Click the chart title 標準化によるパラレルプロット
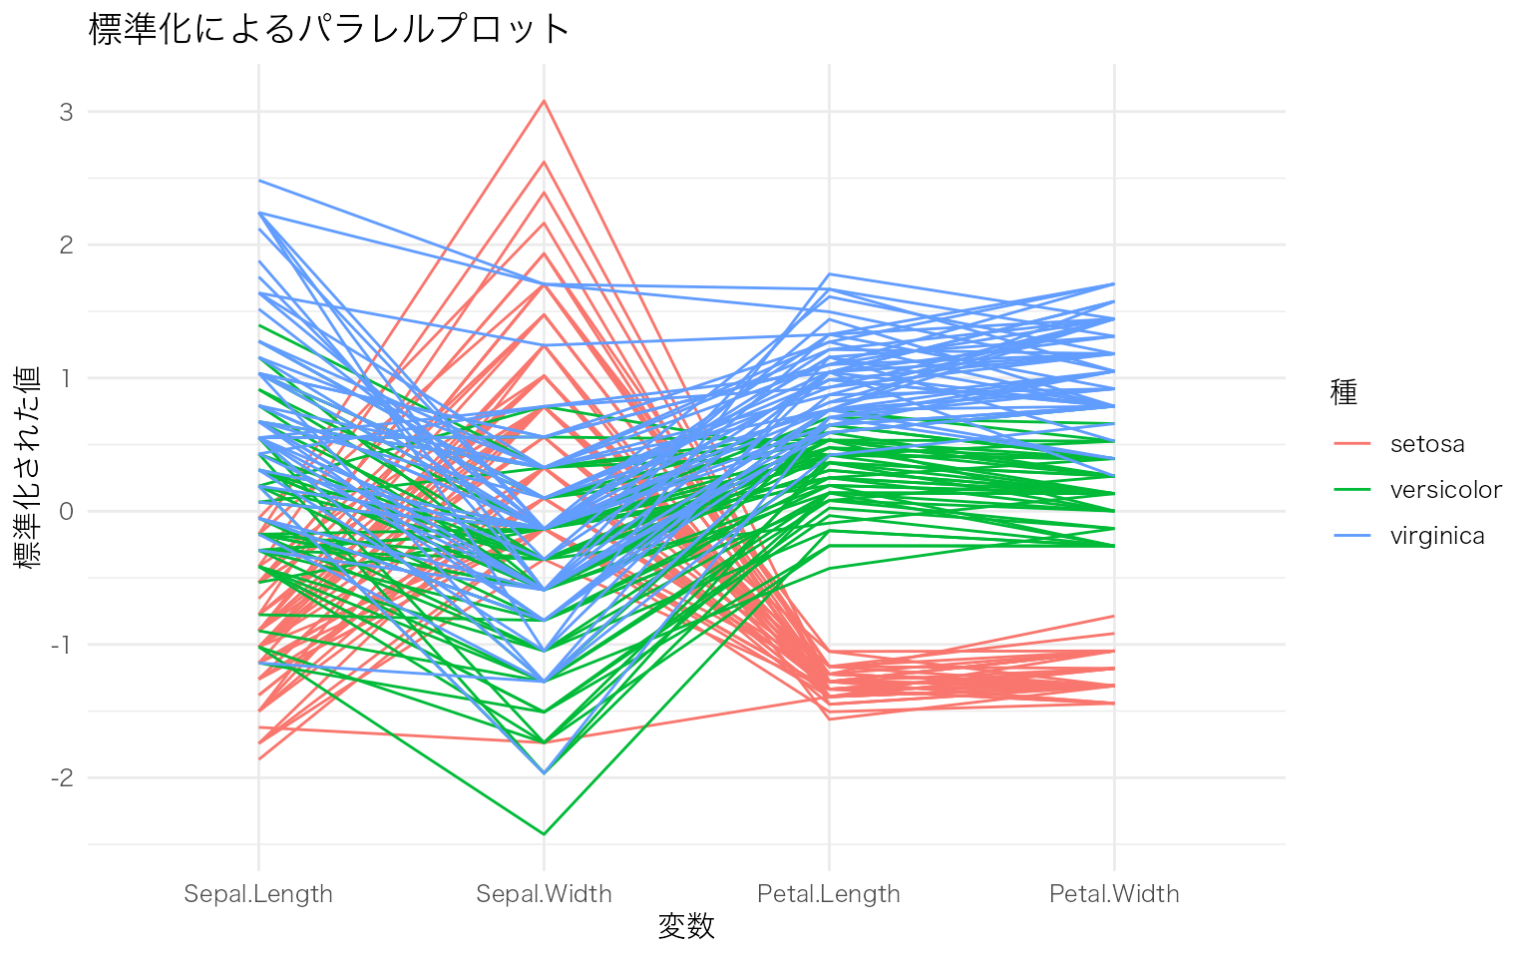[329, 29]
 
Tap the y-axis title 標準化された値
[29, 467]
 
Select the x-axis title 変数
[686, 926]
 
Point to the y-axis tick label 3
[67, 112]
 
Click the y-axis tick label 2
[67, 244]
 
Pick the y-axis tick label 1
[67, 378]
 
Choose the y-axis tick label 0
[67, 511]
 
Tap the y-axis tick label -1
[63, 645]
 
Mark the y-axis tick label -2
[63, 777]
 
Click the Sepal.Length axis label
[258, 894]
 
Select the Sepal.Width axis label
[544, 894]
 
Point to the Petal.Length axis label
[829, 894]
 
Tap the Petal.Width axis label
[1114, 894]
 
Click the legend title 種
[1343, 393]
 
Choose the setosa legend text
[1427, 444]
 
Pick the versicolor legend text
[1445, 490]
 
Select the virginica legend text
[1437, 536]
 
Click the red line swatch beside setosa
[1352, 444]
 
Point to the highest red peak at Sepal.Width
[544, 100]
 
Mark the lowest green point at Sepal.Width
[544, 833]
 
